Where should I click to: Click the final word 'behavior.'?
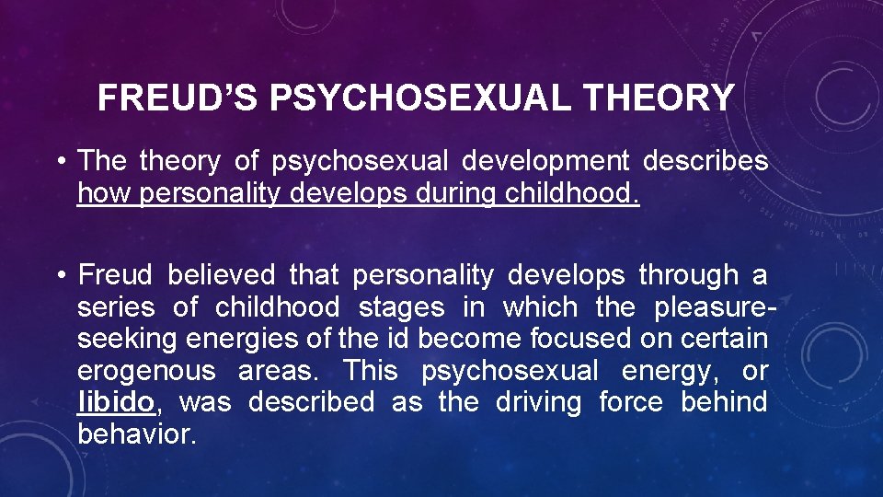[137, 433]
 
